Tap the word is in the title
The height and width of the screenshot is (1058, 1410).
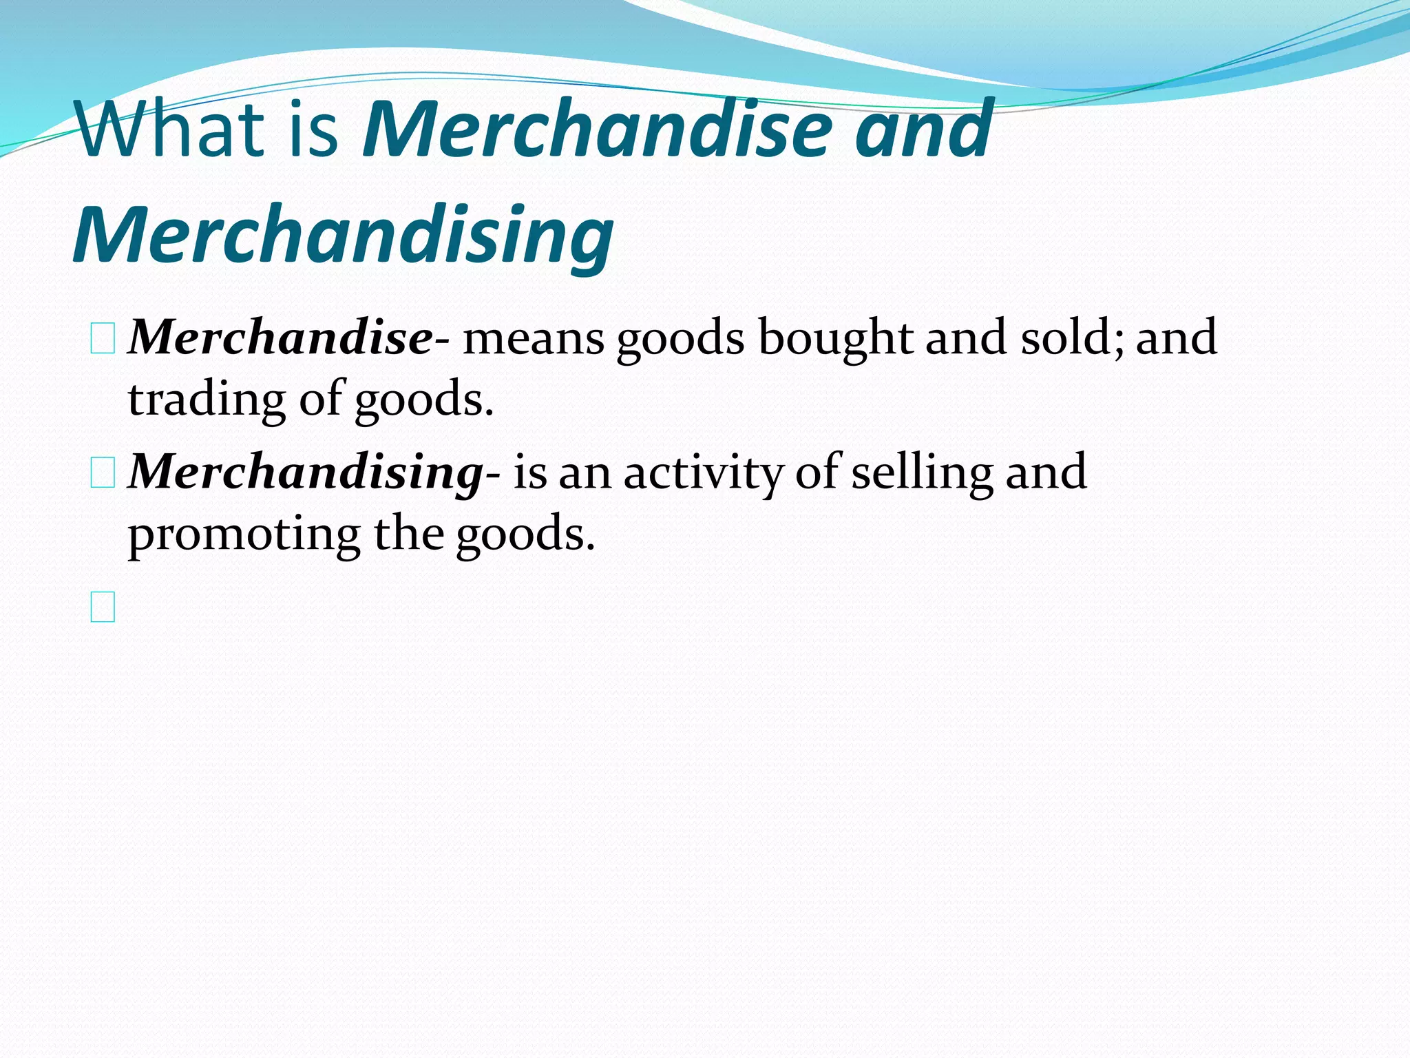coord(313,129)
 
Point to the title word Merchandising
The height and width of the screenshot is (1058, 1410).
coord(343,236)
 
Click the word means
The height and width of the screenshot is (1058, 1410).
coord(533,338)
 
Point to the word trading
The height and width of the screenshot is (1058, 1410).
coord(207,400)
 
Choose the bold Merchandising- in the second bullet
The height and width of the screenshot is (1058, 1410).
coord(314,473)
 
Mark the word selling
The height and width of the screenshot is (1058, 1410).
coord(922,473)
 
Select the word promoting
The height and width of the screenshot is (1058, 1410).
coord(244,535)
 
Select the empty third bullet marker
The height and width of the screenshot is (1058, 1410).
coord(103,607)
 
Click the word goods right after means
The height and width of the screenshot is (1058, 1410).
coord(680,338)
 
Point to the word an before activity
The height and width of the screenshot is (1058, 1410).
coord(585,473)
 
